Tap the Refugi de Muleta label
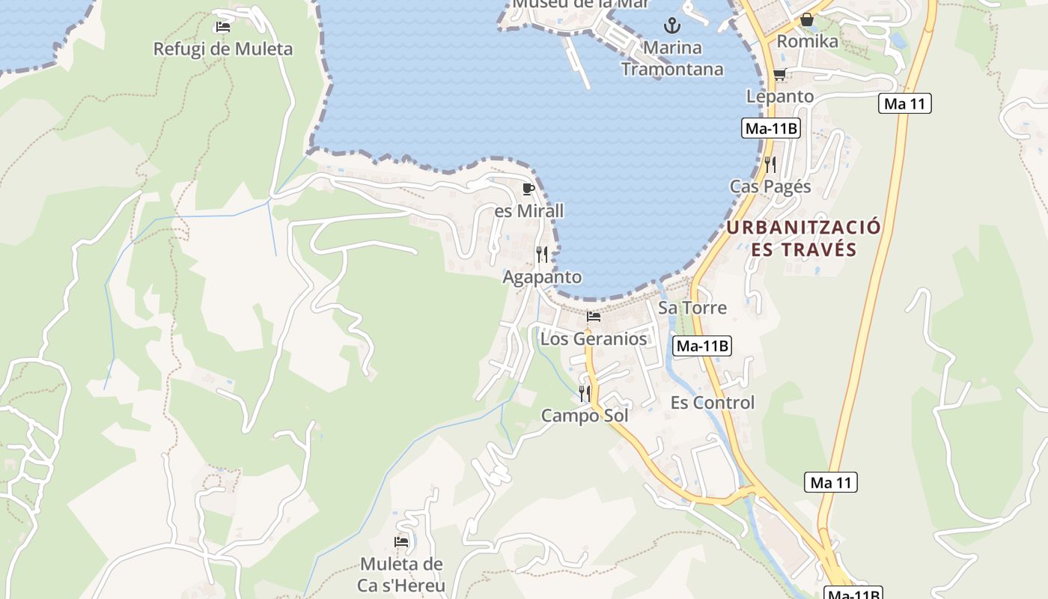(222, 49)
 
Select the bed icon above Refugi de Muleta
(222, 27)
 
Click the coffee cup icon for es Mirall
(528, 189)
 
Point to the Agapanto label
(542, 277)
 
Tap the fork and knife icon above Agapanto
(542, 255)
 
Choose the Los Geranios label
(594, 338)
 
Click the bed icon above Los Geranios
(594, 317)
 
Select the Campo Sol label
(585, 415)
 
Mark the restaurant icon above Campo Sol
(585, 393)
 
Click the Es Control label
(713, 403)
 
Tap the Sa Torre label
(692, 308)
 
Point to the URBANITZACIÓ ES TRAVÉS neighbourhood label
(804, 238)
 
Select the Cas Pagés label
(770, 186)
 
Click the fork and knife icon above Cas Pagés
(770, 164)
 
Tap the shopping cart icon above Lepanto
(779, 74)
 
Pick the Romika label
(807, 41)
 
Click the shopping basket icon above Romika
(807, 19)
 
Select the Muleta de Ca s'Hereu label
(402, 574)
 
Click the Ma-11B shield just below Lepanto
(772, 129)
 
